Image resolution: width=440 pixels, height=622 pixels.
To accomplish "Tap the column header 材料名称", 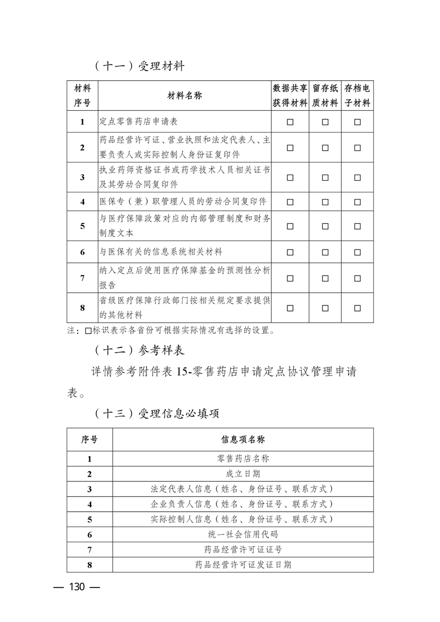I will (x=184, y=96).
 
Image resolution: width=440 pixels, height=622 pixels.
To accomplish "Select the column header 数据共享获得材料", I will (x=290, y=96).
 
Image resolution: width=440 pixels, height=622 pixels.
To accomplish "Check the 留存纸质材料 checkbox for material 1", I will (x=325, y=122).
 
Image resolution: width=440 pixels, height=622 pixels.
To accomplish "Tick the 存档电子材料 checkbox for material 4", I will (x=357, y=201).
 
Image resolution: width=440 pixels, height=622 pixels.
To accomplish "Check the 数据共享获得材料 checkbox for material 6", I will (x=290, y=252).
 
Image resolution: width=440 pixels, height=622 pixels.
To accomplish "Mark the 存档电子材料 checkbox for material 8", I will (x=357, y=308).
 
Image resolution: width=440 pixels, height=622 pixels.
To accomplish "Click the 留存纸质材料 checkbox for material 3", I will (x=325, y=177).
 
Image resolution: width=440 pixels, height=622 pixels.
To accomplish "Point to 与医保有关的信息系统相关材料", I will (x=161, y=252).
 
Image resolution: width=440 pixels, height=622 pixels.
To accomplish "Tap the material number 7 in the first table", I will (x=82, y=278).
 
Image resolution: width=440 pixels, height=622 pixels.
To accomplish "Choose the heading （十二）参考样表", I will (x=139, y=351).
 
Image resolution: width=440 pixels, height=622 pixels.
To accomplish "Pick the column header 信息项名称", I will (x=242, y=440).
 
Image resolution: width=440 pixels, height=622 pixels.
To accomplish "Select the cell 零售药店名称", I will (x=242, y=459).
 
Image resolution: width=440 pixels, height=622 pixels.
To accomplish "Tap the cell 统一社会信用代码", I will (x=242, y=534).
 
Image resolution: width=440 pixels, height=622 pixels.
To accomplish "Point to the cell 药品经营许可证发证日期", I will (x=242, y=565).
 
